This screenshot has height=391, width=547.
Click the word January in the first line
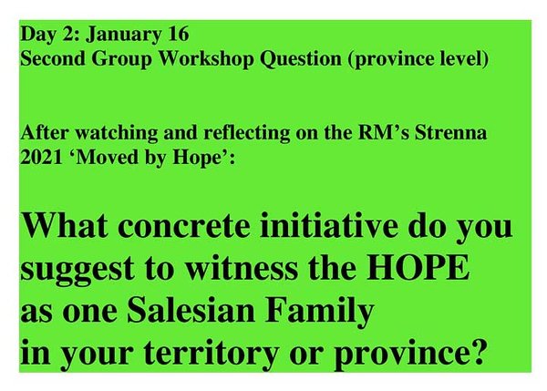pyautogui.click(x=123, y=35)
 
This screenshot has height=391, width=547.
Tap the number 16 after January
pyautogui.click(x=179, y=34)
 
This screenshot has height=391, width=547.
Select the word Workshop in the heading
pyautogui.click(x=206, y=58)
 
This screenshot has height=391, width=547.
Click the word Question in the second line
pyautogui.click(x=300, y=58)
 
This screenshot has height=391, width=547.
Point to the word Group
pyautogui.click(x=122, y=58)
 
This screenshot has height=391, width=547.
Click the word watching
pyautogui.click(x=117, y=133)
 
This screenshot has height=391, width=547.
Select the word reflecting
pyautogui.click(x=247, y=133)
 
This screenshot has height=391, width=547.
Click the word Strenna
pyautogui.click(x=450, y=132)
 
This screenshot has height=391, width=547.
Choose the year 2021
pyautogui.click(x=41, y=158)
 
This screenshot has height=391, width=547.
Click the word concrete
pyautogui.click(x=183, y=226)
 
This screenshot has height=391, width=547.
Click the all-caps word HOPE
pyautogui.click(x=418, y=267)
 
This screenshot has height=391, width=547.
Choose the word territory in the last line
pyautogui.click(x=212, y=353)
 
